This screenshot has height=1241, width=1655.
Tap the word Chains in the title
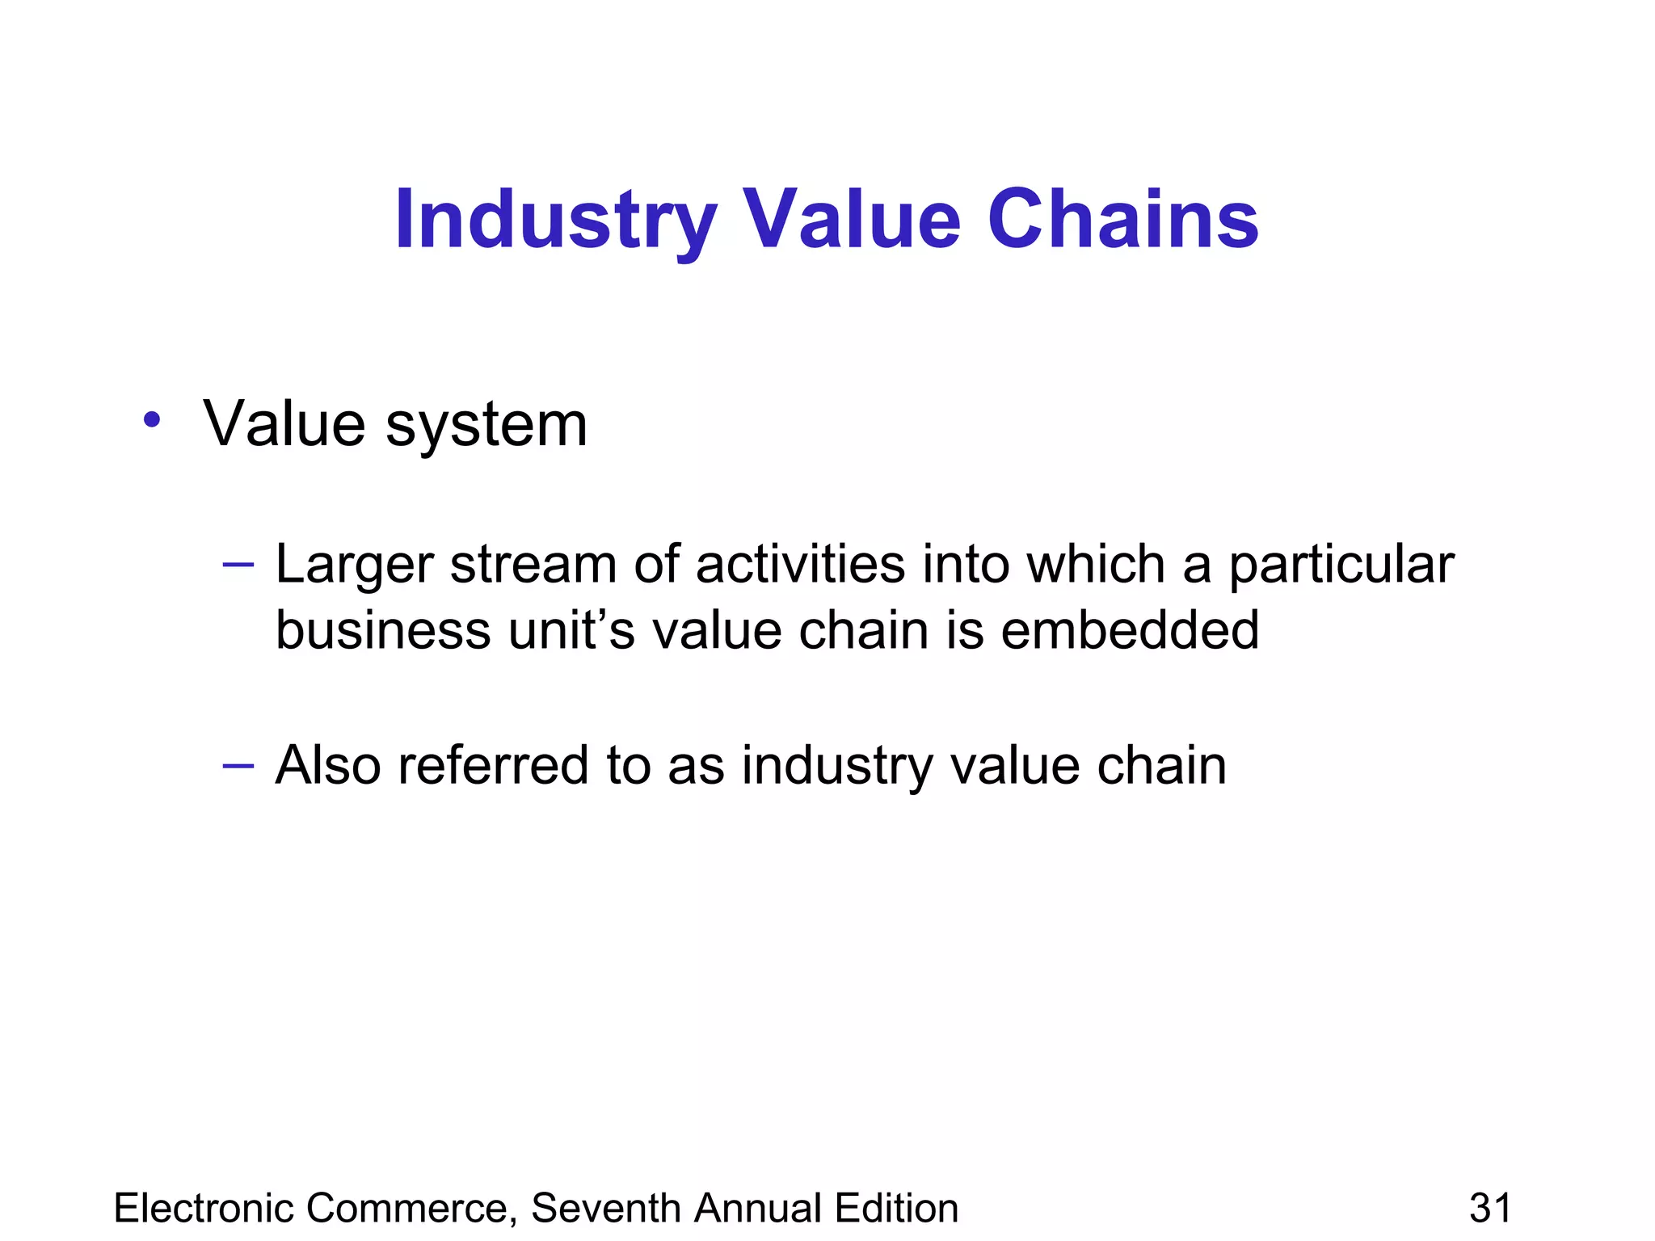(x=1122, y=220)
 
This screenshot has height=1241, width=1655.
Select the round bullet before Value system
(x=151, y=420)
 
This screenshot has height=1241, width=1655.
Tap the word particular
(x=1341, y=565)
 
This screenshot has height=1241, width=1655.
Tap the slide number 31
(x=1490, y=1209)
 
